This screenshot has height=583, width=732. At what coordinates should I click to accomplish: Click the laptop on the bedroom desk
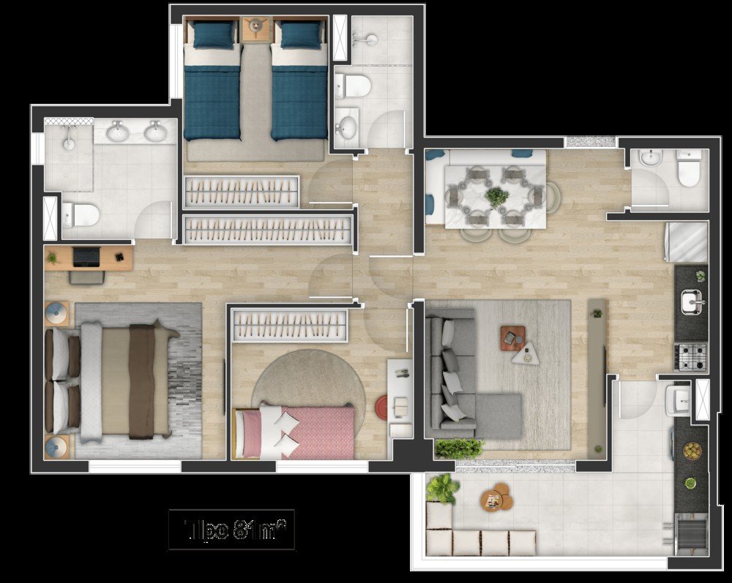(x=86, y=257)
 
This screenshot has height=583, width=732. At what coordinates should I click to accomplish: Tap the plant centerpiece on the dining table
(x=497, y=196)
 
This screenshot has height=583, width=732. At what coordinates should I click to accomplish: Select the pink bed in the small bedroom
(x=300, y=432)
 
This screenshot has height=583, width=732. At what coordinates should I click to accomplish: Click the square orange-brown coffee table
(x=511, y=337)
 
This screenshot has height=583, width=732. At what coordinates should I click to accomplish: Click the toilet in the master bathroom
(x=81, y=214)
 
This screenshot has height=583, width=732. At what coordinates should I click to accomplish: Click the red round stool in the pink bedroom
(x=383, y=406)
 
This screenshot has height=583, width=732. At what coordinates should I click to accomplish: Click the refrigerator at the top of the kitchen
(x=686, y=241)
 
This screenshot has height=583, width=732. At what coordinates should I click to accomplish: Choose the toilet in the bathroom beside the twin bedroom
(x=354, y=86)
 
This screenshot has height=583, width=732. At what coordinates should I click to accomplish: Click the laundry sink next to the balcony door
(x=678, y=399)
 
